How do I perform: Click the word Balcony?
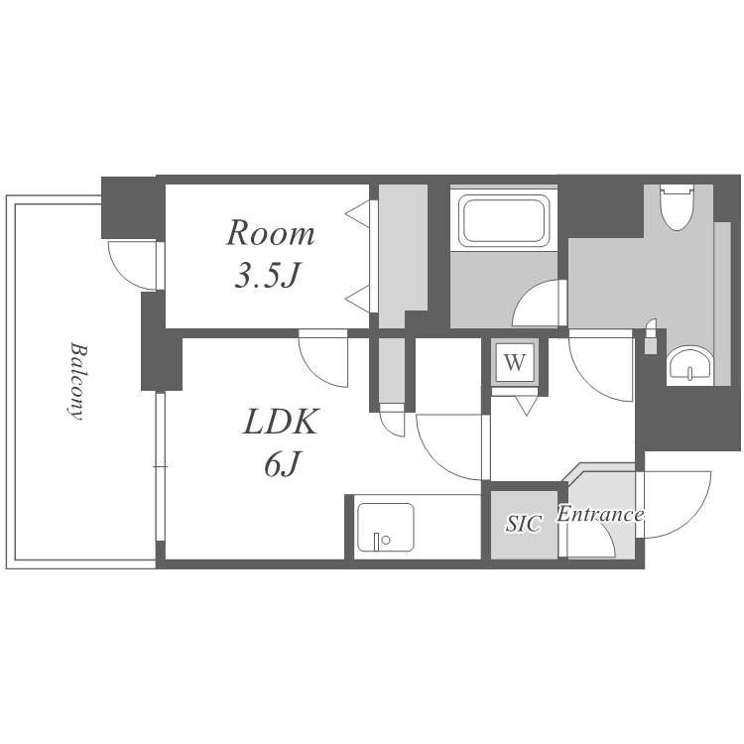coord(77,381)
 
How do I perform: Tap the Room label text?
coord(270,233)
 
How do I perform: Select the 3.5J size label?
coord(268,274)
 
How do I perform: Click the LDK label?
coord(280,421)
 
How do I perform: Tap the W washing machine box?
coord(515,363)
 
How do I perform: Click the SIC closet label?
coord(524,523)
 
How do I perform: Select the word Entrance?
coord(600,514)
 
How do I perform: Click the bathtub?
coord(504,220)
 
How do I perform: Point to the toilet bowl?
coord(678,207)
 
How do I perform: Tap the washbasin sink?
coord(689,365)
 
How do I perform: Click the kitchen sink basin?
coord(385,527)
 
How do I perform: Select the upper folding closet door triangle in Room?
coord(359,214)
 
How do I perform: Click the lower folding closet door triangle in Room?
coord(359,299)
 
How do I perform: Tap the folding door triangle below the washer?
coord(526,405)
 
